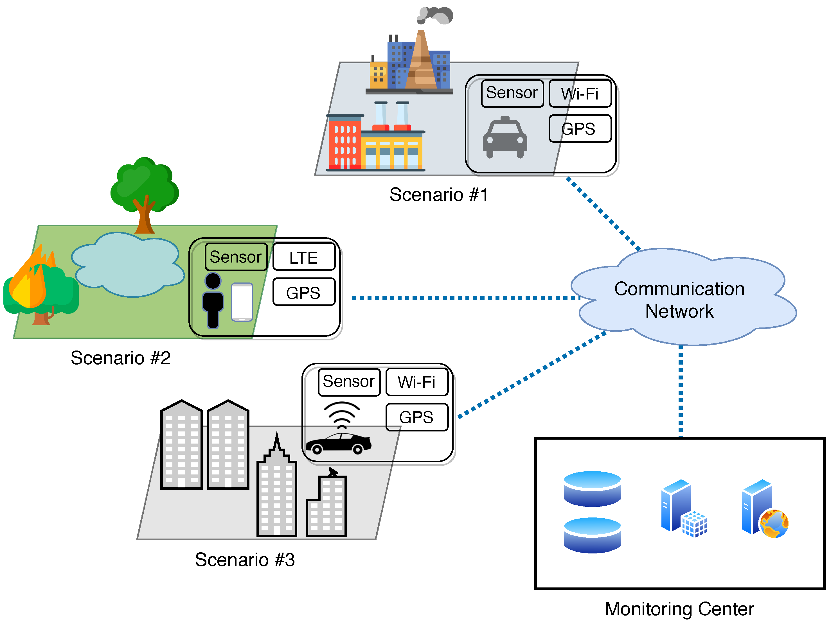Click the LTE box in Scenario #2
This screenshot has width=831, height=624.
click(303, 257)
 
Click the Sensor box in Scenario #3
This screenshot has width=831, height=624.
click(349, 382)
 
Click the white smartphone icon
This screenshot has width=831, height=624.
click(242, 302)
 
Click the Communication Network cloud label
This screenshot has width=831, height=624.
click(679, 300)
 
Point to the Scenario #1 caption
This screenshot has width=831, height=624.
click(439, 195)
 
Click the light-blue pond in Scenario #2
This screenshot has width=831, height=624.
click(128, 265)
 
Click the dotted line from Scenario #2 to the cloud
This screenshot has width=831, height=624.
click(466, 298)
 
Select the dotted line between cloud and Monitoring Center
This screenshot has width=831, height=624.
click(680, 390)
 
